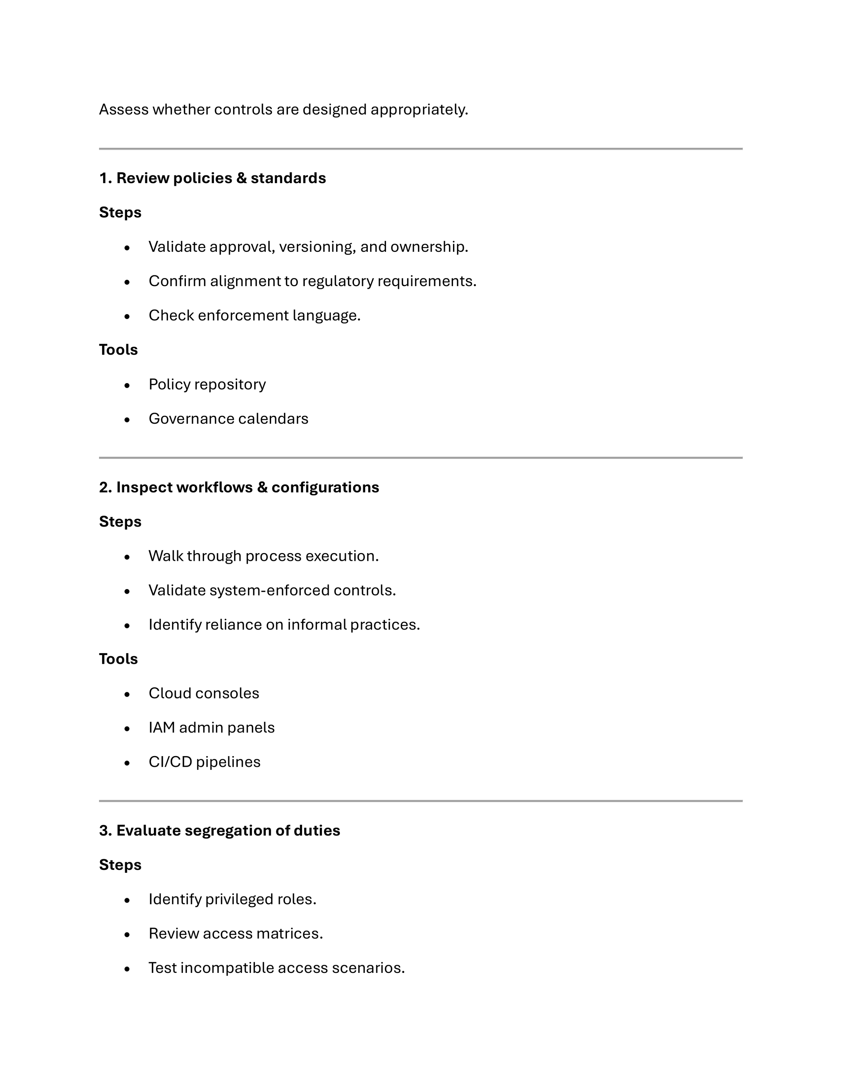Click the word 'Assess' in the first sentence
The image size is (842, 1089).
point(123,109)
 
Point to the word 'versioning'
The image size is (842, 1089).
point(317,247)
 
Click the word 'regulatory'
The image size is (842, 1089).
point(338,281)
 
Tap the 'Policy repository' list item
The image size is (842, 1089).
point(207,384)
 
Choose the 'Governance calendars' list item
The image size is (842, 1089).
point(228,419)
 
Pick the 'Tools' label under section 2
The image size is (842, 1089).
point(118,659)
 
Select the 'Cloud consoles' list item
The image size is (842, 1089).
point(203,693)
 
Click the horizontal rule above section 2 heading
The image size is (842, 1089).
point(421,457)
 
